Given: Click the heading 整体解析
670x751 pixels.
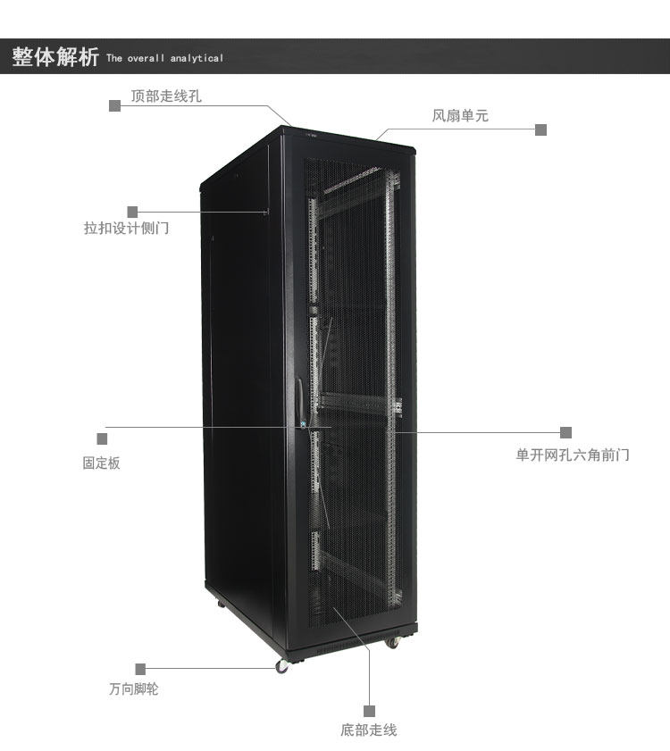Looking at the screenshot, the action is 54,57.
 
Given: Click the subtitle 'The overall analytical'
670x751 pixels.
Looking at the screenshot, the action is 164,59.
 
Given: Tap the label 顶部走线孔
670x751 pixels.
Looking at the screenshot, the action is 166,96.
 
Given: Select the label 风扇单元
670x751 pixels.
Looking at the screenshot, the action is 460,115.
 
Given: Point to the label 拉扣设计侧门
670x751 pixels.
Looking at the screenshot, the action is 126,229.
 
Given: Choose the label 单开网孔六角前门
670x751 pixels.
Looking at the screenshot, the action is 573,455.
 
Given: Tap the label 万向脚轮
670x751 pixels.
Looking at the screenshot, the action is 134,689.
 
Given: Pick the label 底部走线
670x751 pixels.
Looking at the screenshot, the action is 368,730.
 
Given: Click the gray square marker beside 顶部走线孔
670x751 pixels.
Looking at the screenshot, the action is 114,105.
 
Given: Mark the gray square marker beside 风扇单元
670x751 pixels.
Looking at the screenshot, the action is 540,129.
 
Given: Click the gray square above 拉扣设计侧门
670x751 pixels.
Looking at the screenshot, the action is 132,212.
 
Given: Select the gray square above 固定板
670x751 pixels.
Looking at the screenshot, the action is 102,438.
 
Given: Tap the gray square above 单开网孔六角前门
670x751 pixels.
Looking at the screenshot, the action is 565,432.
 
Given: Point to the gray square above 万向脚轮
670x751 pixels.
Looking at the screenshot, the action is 140,669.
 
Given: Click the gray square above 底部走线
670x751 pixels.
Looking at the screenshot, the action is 368,710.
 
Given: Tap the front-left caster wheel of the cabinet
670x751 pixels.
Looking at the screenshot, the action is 282,666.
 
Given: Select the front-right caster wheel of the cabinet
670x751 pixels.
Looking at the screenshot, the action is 391,642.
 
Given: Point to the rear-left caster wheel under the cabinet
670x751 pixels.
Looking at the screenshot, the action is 221,604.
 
